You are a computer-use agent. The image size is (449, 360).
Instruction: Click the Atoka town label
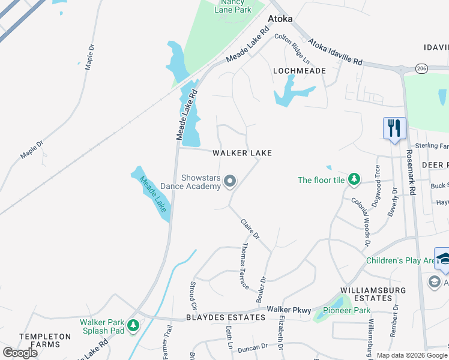point(280,19)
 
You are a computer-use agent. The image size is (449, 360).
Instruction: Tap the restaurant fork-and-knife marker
point(394,129)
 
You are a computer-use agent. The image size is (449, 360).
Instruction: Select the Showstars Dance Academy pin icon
point(229,181)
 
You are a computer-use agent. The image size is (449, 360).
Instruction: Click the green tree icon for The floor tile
point(354,179)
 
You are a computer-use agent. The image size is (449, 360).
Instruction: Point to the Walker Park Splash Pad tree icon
point(133,326)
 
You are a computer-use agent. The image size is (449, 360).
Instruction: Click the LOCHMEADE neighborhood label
point(300,71)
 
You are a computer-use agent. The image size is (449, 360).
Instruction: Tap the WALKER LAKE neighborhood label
point(243,153)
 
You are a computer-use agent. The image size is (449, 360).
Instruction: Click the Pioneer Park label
point(346,310)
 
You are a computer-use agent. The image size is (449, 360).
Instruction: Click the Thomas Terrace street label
point(245,266)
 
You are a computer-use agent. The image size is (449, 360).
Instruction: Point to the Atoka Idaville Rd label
point(336,53)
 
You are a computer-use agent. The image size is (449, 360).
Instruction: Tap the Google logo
point(20,352)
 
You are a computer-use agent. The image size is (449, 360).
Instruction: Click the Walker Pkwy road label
point(289,309)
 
